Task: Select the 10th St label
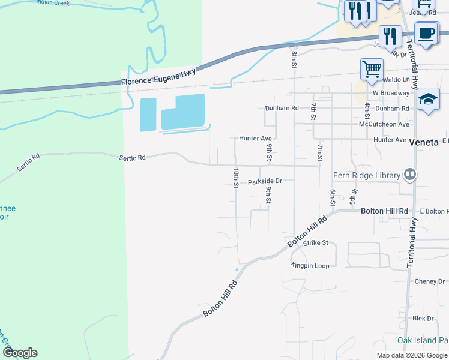pos(236,178)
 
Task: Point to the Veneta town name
pos(425,143)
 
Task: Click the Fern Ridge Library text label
pos(367,175)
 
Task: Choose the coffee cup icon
pos(426,33)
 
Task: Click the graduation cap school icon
pos(428,99)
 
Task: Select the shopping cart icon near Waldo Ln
pos(372,69)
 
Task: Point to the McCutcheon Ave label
pos(384,124)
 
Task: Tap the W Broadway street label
pos(391,93)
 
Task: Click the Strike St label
pos(316,243)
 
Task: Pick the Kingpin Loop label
pos(310,265)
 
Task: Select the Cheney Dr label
pos(429,281)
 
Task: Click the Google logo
pos(20,353)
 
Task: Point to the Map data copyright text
pos(412,355)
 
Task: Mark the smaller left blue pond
pos(148,114)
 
